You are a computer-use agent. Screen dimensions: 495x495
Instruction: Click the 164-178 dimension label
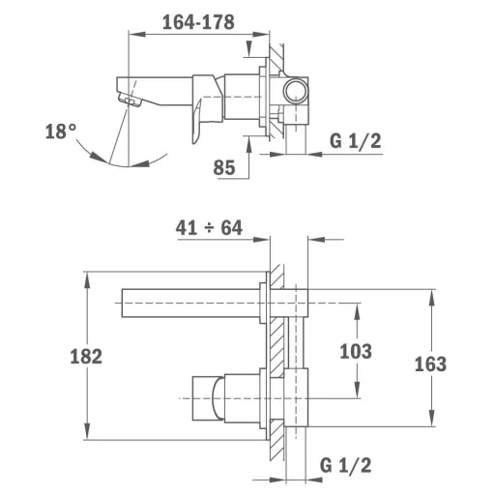click(198, 22)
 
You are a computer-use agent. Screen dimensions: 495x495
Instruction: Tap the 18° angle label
click(61, 131)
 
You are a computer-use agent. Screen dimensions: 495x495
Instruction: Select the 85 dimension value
click(224, 167)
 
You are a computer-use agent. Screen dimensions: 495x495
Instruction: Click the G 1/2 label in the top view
click(356, 141)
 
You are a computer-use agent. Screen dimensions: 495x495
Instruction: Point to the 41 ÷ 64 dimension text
click(209, 228)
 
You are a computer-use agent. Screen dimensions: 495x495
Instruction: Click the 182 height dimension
click(86, 357)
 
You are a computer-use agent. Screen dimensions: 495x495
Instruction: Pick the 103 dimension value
click(356, 351)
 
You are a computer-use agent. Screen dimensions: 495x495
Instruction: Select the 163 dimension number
click(430, 364)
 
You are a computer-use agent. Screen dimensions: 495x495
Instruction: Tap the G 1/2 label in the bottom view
click(345, 465)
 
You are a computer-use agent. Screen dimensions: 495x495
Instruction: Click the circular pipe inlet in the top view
click(296, 91)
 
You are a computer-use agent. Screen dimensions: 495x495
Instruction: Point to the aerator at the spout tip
click(131, 100)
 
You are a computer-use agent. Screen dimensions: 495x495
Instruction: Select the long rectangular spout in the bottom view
click(190, 304)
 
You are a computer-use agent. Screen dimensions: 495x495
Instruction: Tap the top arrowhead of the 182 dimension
click(87, 279)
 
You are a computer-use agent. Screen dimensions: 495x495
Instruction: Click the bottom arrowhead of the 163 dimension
click(431, 419)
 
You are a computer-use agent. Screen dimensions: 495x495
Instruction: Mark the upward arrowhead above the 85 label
click(248, 144)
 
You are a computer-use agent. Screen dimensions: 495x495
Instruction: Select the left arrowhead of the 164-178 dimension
click(136, 35)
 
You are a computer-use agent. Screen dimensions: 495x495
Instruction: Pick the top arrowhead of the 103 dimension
click(357, 310)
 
